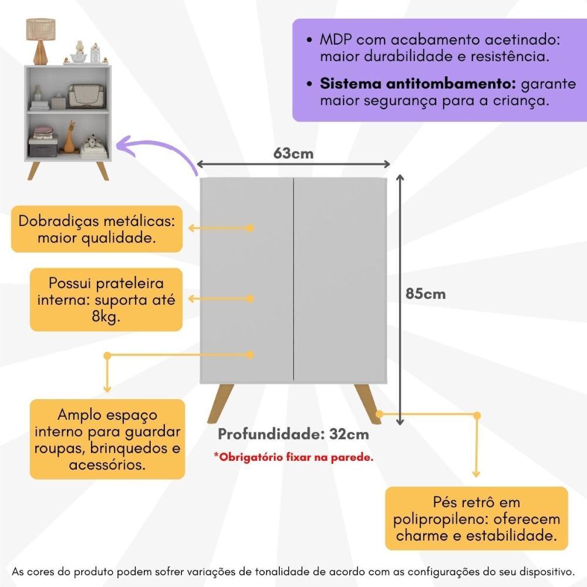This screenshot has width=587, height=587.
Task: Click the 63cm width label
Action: point(293,153)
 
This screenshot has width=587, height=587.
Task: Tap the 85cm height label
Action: point(426,293)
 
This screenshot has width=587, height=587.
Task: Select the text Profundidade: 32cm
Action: point(293,434)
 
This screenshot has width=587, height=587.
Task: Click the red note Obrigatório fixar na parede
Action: point(293,457)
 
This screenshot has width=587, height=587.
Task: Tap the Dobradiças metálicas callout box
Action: point(97,230)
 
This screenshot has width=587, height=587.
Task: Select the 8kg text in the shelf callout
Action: point(106,316)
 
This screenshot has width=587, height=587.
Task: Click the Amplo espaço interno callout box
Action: point(107,440)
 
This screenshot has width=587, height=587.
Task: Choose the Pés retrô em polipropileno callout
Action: point(476,519)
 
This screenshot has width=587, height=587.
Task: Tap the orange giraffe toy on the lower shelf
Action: point(70,139)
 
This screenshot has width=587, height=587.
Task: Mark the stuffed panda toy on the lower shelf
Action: point(92,143)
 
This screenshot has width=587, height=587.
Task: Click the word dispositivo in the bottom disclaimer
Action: point(542,571)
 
